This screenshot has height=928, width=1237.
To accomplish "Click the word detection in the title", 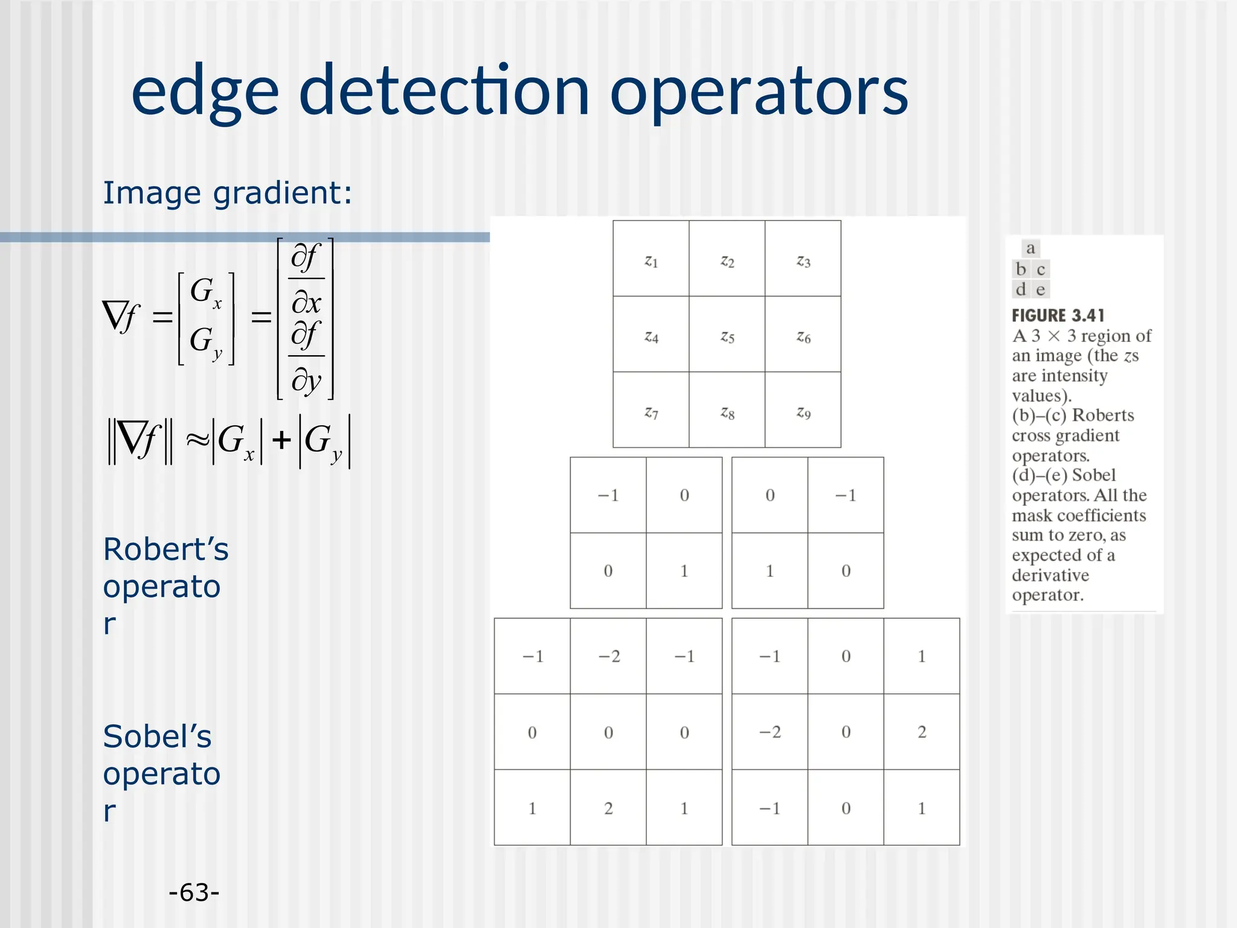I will [x=443, y=91].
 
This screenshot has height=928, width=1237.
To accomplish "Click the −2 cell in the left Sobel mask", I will [x=609, y=656].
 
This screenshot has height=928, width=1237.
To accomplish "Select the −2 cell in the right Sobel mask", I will [x=770, y=732].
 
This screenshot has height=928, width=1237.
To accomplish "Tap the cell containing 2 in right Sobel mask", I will [x=922, y=732].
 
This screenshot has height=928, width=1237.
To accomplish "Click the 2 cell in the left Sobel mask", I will [x=609, y=808].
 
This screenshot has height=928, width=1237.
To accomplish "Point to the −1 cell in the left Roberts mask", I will [x=608, y=495].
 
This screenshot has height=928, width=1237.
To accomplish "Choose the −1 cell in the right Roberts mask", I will [x=846, y=495].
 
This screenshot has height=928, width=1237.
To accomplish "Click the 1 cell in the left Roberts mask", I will [x=684, y=571].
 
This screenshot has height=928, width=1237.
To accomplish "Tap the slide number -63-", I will [x=194, y=892].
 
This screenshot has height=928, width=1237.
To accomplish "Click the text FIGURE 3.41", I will [x=1058, y=315].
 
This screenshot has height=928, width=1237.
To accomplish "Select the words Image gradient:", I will [x=227, y=193].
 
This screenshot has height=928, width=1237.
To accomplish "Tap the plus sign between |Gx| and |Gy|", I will [x=281, y=440].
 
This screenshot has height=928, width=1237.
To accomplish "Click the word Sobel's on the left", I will [x=157, y=736].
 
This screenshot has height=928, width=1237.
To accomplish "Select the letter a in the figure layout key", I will [x=1030, y=248].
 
